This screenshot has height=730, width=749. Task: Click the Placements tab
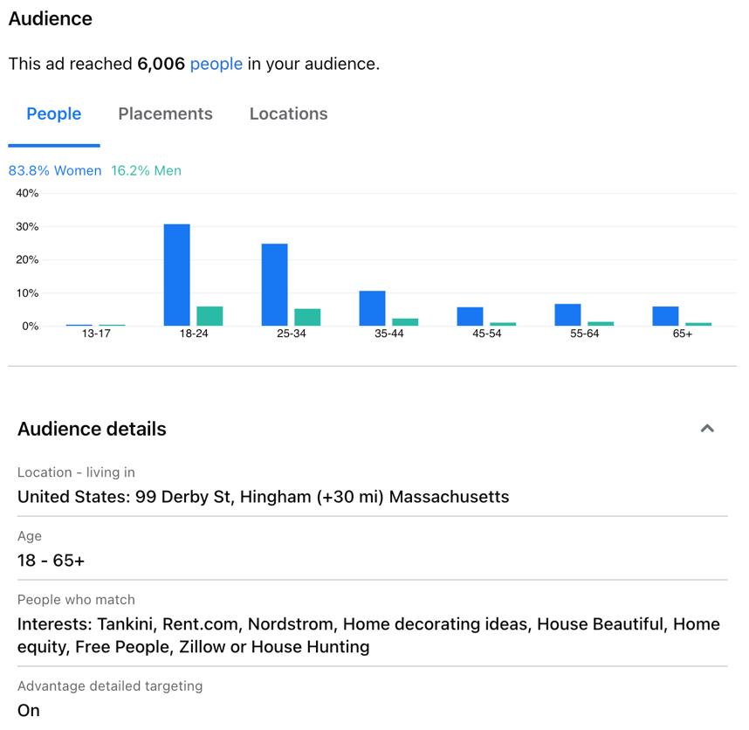tap(165, 114)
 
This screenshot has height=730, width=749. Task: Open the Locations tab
tap(289, 114)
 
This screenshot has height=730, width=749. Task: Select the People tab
tap(54, 114)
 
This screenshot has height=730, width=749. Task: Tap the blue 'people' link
tap(216, 64)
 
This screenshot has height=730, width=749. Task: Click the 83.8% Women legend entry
tap(55, 170)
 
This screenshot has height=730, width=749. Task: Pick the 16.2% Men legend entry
tap(146, 170)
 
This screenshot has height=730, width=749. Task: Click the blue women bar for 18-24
tap(176, 275)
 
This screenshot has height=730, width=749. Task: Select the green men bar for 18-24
tap(210, 316)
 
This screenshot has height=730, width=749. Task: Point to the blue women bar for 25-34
tap(275, 285)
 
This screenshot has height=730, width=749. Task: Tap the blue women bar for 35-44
tap(372, 308)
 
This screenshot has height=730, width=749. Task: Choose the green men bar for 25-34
tap(307, 317)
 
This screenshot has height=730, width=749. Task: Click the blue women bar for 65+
tap(665, 316)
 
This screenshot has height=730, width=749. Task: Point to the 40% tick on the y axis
tap(27, 193)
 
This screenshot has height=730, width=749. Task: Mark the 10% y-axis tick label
tap(27, 293)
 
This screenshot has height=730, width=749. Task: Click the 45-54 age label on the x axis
tap(487, 334)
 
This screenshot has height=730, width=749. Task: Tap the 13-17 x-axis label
tap(96, 334)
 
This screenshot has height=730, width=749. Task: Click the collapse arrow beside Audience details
tap(707, 428)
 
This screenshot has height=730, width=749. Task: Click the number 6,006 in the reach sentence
tap(161, 64)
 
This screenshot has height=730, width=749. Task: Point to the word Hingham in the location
tap(276, 497)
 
